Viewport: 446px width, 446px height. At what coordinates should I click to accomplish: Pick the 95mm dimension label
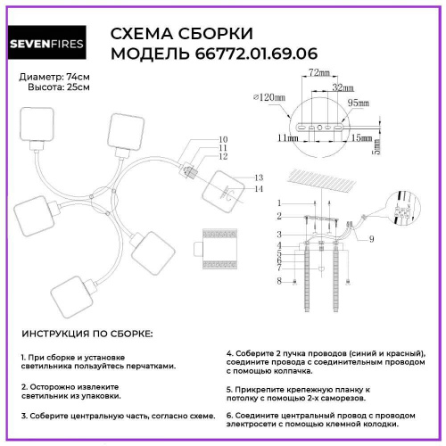(358, 103)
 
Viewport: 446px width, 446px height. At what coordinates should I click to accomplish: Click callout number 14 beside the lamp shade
(260, 190)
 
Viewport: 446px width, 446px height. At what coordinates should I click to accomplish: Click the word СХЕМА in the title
(142, 34)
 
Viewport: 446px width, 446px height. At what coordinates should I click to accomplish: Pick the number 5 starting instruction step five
(228, 390)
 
